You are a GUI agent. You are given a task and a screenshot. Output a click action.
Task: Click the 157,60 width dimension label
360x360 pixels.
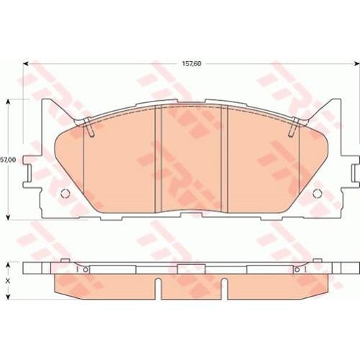point(192,64)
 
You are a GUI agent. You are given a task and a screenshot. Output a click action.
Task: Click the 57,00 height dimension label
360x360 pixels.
point(8,160)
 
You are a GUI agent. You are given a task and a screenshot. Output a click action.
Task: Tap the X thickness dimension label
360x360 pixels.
point(8,281)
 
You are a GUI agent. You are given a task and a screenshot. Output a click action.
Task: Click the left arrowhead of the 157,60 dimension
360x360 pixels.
point(26,63)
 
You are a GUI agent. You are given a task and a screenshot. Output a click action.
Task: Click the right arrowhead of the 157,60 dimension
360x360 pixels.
point(356,63)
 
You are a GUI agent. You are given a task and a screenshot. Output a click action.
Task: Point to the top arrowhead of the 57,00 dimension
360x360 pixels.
point(8,102)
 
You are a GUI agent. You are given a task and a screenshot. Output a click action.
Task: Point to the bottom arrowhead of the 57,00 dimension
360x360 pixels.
point(8,217)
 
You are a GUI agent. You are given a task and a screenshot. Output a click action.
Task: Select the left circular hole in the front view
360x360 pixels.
point(65,194)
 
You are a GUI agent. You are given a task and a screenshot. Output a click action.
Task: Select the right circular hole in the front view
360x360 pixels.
point(318,194)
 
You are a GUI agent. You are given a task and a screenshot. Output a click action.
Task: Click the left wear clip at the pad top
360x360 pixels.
point(89,127)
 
